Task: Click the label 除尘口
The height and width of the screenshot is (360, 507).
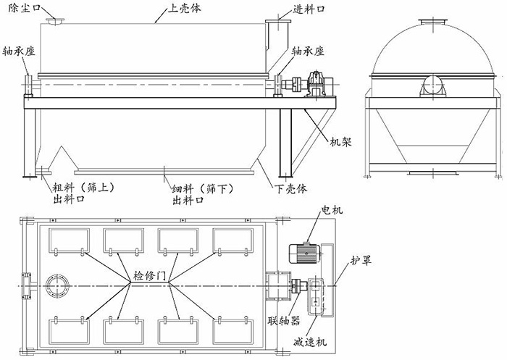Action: [18, 8]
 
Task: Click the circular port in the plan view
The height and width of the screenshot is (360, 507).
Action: [56, 284]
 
